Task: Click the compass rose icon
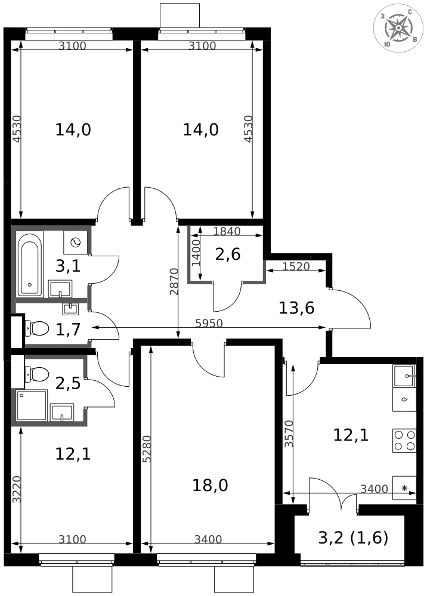(398, 27)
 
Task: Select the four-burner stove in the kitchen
(404, 440)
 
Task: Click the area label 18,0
(211, 485)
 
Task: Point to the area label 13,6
(296, 308)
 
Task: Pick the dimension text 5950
(209, 323)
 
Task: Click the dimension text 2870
(174, 282)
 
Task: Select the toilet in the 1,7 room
(37, 328)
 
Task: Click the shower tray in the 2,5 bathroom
(32, 405)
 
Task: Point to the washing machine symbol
(76, 243)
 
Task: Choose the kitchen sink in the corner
(404, 376)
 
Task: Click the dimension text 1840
(227, 231)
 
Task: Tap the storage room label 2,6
(228, 254)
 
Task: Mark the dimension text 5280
(148, 449)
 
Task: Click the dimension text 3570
(289, 433)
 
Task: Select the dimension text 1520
(296, 266)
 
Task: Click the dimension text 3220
(16, 489)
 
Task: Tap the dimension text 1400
(196, 253)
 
